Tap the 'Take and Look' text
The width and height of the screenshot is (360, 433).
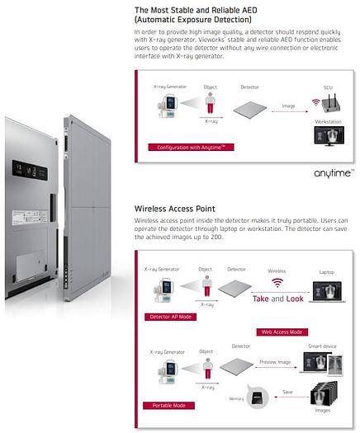coord(277,299)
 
